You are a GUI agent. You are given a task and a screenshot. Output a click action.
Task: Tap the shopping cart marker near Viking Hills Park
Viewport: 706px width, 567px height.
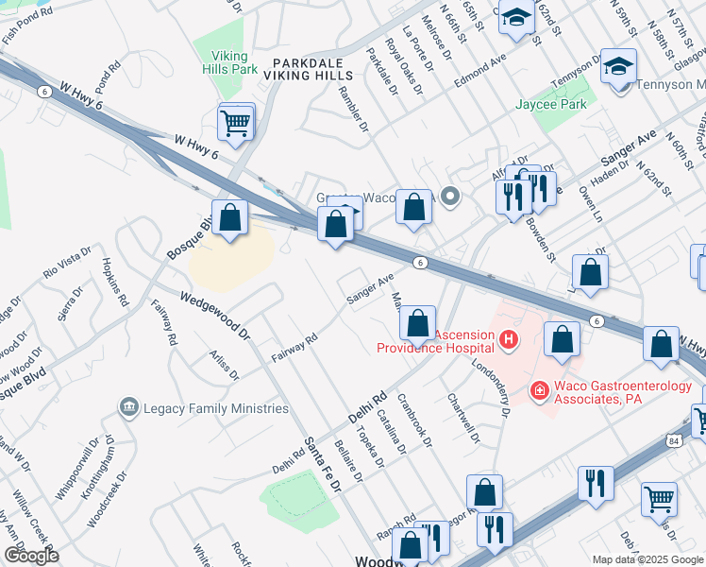(235, 122)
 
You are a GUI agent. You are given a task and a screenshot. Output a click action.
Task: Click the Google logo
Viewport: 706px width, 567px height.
(30, 556)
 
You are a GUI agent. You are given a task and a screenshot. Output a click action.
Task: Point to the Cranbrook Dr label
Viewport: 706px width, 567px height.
(415, 420)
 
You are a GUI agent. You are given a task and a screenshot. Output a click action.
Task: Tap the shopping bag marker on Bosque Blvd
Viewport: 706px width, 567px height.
(229, 218)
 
